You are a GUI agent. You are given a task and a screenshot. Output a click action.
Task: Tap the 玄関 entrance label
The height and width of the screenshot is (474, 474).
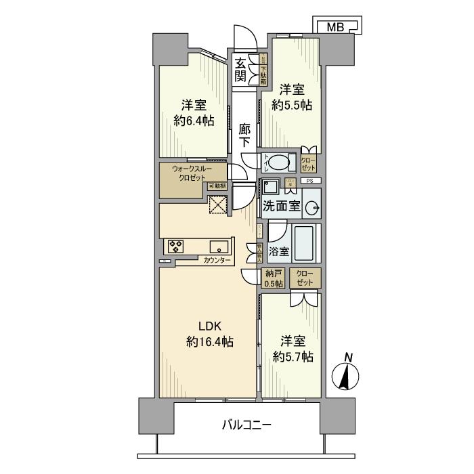240,69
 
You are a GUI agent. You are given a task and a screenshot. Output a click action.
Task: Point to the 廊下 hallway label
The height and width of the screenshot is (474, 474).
245,135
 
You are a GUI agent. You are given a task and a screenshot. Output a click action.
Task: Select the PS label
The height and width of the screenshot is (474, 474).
309,181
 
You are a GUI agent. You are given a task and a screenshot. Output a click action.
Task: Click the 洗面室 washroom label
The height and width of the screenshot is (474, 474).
281,206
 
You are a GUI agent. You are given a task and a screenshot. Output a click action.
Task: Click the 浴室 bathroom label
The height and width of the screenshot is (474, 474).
280,251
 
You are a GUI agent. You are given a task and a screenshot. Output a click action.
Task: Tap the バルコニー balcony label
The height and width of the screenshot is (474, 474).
247,426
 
